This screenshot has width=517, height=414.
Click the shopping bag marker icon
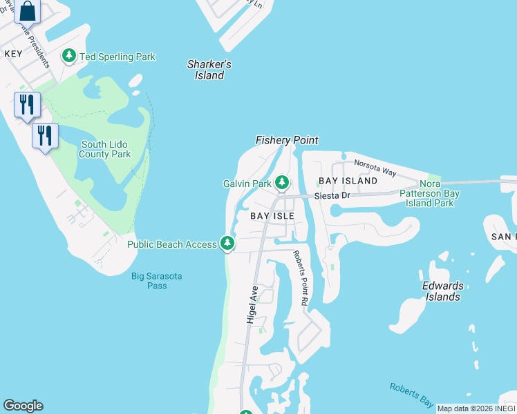tap(27, 12)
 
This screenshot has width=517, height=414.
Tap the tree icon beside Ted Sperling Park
tap(69, 56)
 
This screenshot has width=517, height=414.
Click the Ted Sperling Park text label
tap(117, 57)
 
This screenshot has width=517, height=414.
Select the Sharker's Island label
tap(209, 70)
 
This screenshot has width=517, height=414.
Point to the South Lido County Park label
tap(105, 149)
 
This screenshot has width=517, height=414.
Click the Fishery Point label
tap(287, 140)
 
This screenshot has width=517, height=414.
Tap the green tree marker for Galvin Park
tap(281, 183)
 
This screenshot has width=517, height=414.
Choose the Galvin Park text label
tap(247, 184)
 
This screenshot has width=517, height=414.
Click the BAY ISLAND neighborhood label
tap(348, 181)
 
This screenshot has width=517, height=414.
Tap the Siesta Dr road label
tap(332, 196)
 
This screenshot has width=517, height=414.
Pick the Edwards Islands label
tap(442, 291)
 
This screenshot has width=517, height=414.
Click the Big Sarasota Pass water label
tap(157, 281)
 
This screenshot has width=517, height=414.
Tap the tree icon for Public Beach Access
tap(227, 243)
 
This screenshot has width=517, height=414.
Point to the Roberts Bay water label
tap(411, 395)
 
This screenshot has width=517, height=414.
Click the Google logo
tap(23, 406)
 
